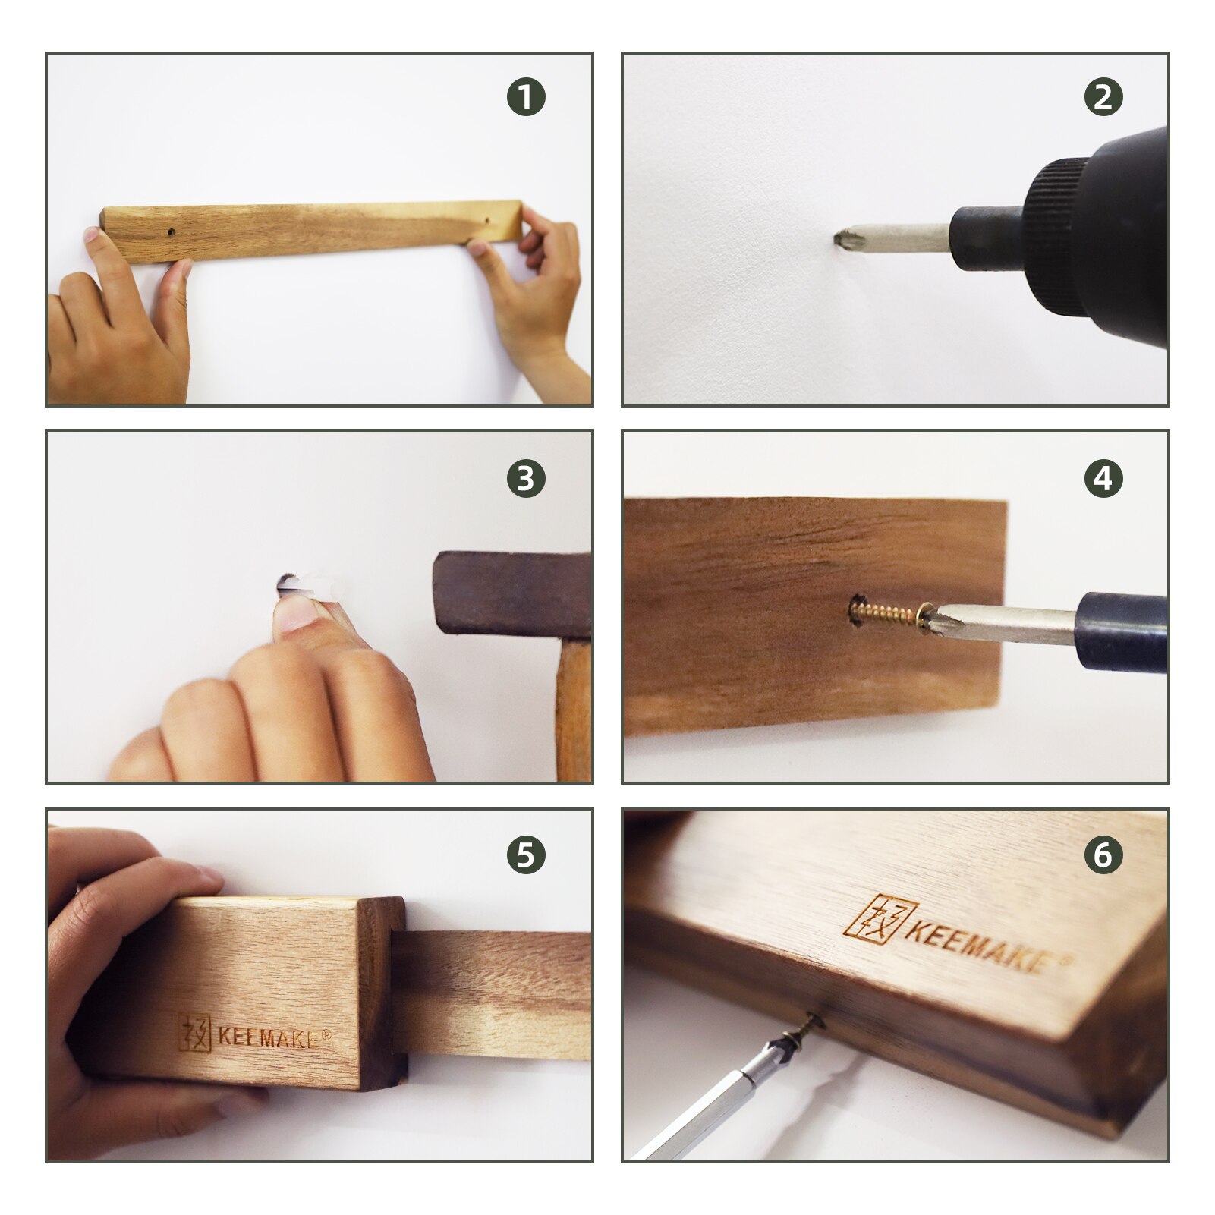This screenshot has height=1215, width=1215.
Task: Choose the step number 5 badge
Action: [526, 855]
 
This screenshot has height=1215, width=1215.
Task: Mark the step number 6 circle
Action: [1103, 855]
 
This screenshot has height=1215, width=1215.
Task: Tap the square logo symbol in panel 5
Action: [195, 1032]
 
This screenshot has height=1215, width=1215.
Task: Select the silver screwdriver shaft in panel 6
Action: [698, 1108]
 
